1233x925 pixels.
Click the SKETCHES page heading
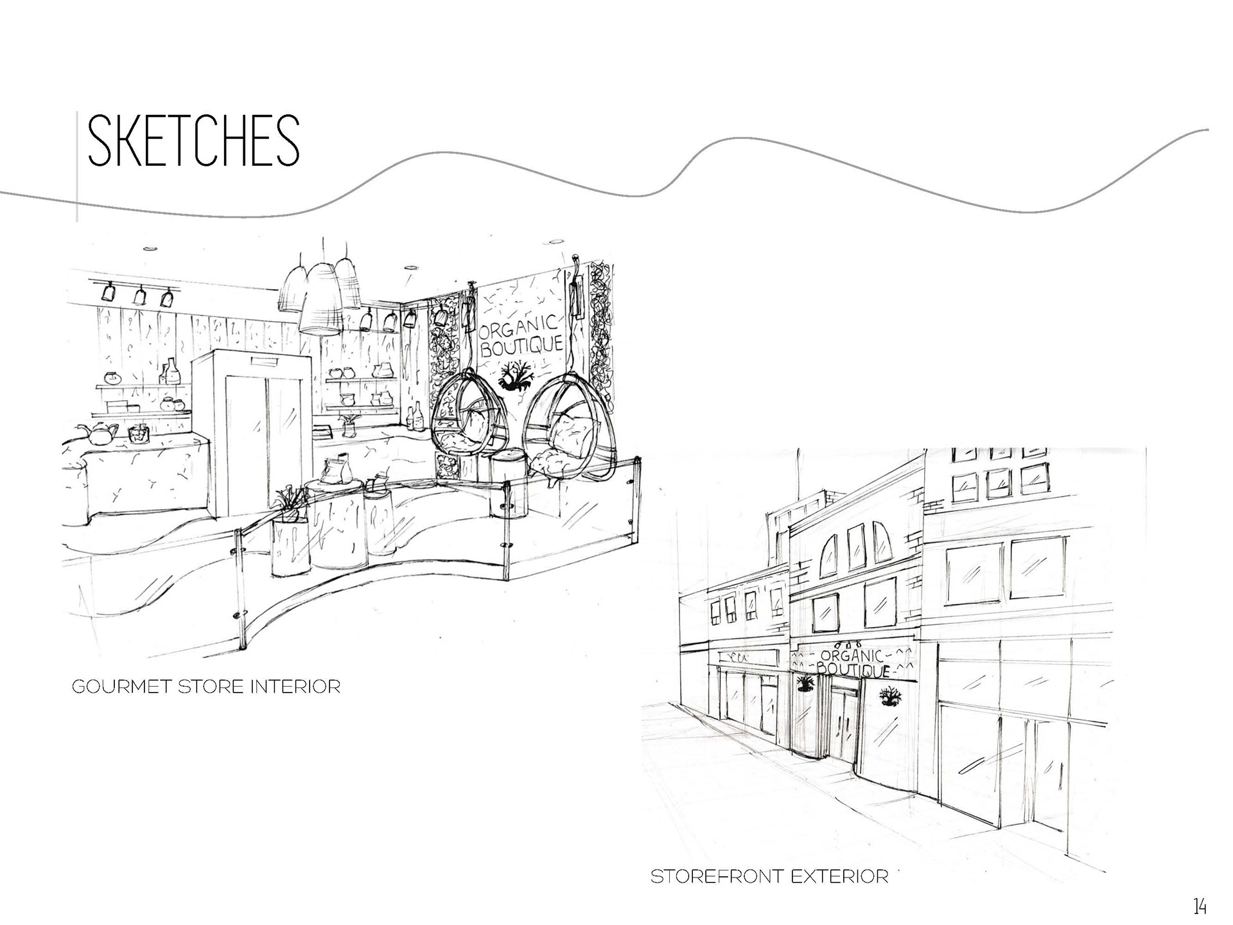tap(193, 141)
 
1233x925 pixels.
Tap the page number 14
tap(1198, 906)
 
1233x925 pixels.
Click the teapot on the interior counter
tap(98, 434)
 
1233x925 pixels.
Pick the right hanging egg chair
tap(568, 437)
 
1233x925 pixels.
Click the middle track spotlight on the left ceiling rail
tap(139, 295)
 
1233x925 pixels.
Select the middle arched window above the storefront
tap(857, 548)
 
